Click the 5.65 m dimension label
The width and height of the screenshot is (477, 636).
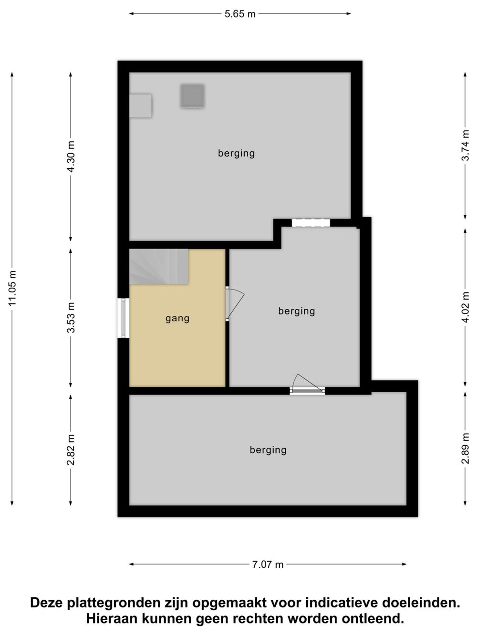[x=240, y=14]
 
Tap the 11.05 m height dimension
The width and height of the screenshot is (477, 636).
[x=13, y=288]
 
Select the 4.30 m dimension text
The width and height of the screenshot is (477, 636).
[x=71, y=156]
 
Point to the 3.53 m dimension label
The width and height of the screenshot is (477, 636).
[x=71, y=317]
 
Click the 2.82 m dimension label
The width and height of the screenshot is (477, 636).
[x=71, y=450]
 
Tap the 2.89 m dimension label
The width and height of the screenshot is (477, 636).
[x=465, y=448]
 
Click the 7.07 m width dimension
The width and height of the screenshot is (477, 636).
[x=268, y=564]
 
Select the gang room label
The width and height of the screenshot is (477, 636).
[x=177, y=318]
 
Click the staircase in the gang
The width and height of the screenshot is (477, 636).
[x=159, y=266]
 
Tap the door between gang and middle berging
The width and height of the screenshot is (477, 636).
[x=235, y=303]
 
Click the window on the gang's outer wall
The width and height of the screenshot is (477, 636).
[x=124, y=318]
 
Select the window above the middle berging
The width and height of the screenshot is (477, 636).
[x=311, y=223]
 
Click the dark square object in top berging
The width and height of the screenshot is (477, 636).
[x=192, y=96]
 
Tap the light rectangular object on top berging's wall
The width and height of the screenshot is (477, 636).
[x=140, y=106]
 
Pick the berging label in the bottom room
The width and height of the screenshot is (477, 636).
[x=268, y=450]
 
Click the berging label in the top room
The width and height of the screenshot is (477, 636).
[x=236, y=153]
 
